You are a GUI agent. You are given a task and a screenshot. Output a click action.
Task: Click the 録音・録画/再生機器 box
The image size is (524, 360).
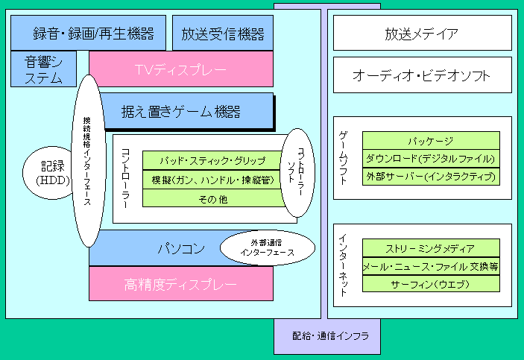click(x=88, y=33)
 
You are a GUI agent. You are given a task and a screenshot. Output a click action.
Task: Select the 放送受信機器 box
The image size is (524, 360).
click(x=223, y=33)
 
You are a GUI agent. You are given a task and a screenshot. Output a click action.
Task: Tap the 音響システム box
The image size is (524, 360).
click(x=43, y=69)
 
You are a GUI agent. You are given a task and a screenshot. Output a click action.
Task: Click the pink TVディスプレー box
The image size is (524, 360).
click(x=181, y=69)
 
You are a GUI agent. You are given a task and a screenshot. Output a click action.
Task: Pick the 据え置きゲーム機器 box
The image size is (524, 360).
click(x=187, y=111)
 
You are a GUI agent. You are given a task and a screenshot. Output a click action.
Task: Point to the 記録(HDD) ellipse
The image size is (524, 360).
click(x=48, y=173)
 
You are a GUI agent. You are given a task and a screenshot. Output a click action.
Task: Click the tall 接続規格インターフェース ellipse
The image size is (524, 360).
click(x=88, y=161)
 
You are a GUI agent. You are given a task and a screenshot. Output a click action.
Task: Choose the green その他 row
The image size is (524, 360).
click(x=212, y=198)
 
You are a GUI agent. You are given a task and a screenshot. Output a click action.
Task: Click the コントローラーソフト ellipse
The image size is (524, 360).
click(x=297, y=173)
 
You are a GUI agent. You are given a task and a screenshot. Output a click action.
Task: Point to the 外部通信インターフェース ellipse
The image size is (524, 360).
click(x=268, y=247)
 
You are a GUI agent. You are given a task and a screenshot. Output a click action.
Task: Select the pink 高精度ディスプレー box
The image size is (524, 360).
click(x=181, y=283)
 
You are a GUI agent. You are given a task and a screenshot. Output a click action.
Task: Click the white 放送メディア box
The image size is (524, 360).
click(x=423, y=33)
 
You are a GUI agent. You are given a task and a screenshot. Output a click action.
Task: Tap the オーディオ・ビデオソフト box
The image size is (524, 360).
click(x=423, y=75)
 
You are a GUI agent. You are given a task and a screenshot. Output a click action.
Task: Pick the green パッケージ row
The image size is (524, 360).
click(x=431, y=140)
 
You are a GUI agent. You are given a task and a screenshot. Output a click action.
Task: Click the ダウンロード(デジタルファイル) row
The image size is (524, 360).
click(x=431, y=159)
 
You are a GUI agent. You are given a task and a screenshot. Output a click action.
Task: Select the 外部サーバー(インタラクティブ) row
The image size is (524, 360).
click(x=431, y=177)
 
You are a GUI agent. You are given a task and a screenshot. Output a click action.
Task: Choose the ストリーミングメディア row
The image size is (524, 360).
click(x=431, y=248)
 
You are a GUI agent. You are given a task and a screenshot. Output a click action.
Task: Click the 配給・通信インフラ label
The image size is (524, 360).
click(x=330, y=335)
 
